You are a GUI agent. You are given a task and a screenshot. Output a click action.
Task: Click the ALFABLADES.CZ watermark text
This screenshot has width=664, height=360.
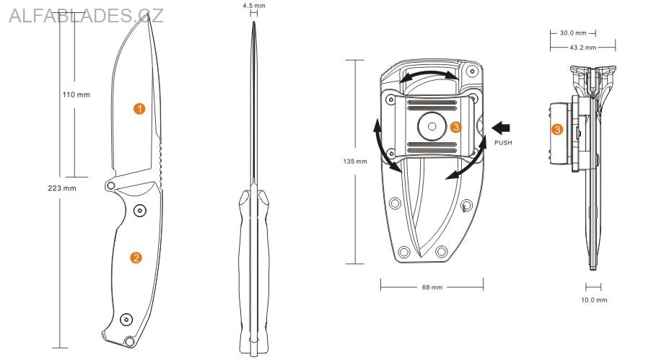[86, 15]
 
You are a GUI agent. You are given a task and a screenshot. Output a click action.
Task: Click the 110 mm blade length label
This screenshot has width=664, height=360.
[76, 95]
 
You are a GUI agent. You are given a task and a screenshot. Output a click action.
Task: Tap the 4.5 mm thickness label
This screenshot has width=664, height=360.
[254, 6]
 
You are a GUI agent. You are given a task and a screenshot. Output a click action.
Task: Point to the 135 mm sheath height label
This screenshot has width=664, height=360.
[355, 161]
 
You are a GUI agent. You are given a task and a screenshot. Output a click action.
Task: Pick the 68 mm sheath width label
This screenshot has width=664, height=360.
[432, 287]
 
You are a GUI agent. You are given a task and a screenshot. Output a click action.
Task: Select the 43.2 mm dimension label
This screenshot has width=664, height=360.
[582, 48]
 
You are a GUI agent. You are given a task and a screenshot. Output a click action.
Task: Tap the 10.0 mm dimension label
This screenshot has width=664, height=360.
[595, 299]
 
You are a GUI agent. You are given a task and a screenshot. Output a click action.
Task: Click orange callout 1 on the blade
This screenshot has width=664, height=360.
[139, 109]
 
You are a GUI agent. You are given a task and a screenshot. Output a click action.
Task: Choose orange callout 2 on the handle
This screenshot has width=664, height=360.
[136, 258]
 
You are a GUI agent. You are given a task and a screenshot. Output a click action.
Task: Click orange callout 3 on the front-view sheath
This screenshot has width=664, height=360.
[455, 127]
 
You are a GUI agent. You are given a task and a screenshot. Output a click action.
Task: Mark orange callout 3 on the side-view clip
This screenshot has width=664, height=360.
[556, 130]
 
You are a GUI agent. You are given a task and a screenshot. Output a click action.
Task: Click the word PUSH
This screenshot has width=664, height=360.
[503, 143]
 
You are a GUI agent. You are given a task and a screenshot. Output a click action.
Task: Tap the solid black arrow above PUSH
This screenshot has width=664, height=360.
[500, 128]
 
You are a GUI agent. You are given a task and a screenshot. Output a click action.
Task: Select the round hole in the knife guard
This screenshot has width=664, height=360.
[110, 186]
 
